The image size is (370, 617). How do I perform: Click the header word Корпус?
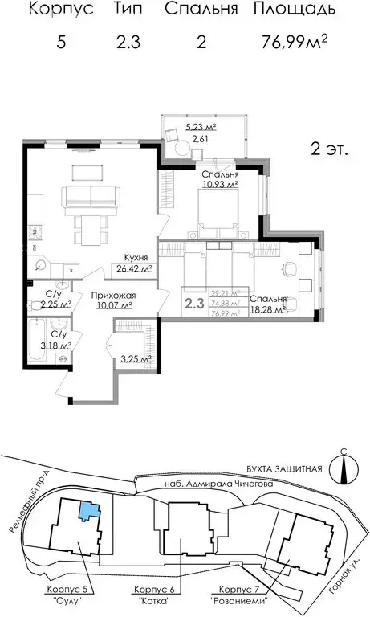pyautogui.click(x=61, y=10)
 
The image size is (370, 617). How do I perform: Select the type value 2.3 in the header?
pyautogui.click(x=128, y=43)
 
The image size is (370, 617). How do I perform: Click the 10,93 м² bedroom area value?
pyautogui.click(x=220, y=185)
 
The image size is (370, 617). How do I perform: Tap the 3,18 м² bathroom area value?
pyautogui.click(x=56, y=345)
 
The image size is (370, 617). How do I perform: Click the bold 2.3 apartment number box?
pyautogui.click(x=193, y=304)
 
